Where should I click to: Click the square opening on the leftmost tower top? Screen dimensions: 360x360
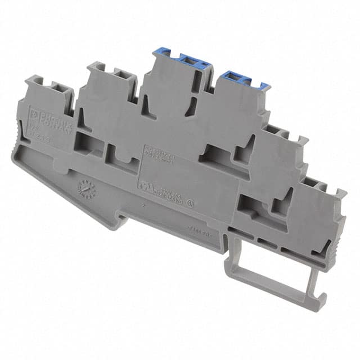click(56, 88)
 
